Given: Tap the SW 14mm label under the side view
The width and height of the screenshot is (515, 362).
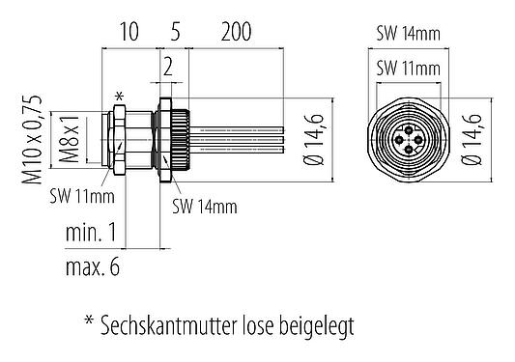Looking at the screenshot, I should (x=206, y=207).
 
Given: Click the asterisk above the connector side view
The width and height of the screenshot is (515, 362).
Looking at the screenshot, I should (x=119, y=95).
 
